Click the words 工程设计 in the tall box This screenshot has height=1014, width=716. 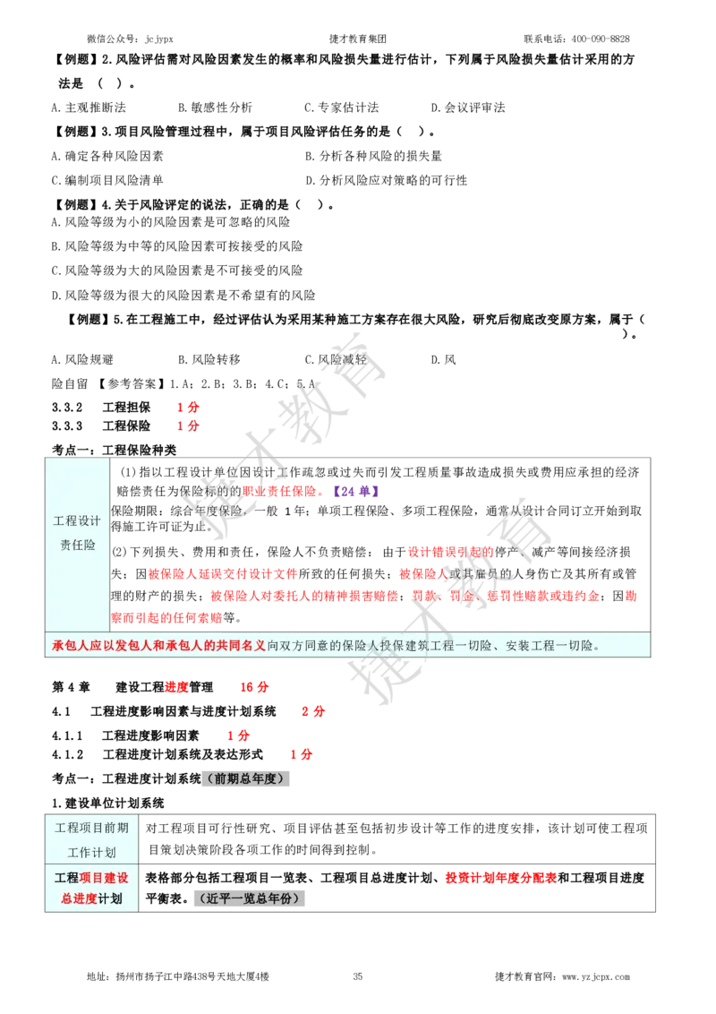click(x=77, y=520)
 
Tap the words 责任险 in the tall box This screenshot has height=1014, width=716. click(x=78, y=545)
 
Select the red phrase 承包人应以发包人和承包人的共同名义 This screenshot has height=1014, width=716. click(x=158, y=645)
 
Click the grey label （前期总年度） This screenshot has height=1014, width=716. click(x=247, y=778)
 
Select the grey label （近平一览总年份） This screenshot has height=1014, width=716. click(x=251, y=898)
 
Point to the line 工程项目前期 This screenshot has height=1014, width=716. click(x=91, y=828)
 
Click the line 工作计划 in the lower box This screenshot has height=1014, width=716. click(x=91, y=852)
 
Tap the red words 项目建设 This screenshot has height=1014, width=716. click(x=104, y=878)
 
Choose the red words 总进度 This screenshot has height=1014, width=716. click(x=79, y=898)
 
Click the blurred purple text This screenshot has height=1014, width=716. click(x=355, y=491)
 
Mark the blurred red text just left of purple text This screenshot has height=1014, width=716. click(x=279, y=491)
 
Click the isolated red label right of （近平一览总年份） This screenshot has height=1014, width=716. click(x=500, y=878)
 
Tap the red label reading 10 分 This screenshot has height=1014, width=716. click(x=254, y=687)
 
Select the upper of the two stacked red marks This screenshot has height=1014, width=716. click(x=187, y=407)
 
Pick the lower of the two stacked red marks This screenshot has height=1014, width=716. click(x=186, y=426)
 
